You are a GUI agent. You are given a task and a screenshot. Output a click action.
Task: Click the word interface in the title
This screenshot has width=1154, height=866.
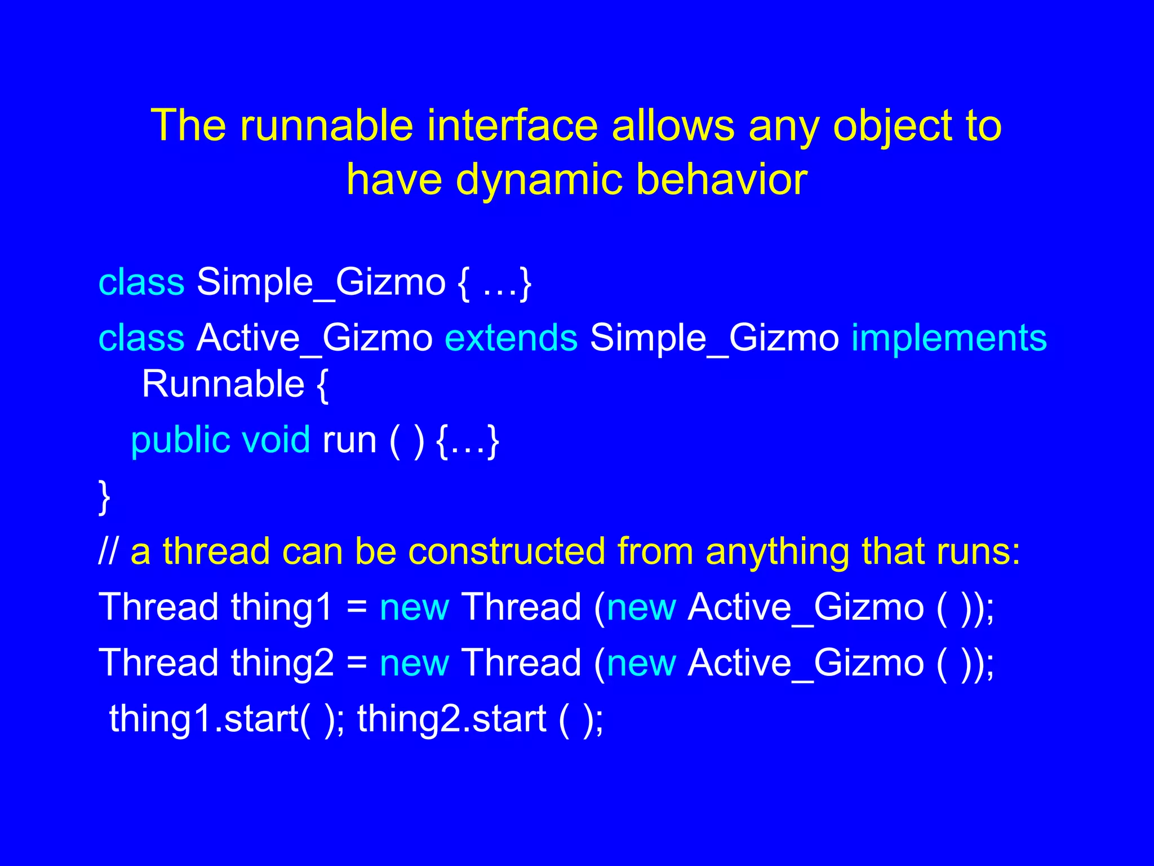click(512, 125)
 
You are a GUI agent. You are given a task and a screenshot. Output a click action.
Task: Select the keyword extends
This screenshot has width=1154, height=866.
click(511, 338)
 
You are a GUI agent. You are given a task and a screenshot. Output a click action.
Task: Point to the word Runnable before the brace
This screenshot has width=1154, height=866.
click(223, 384)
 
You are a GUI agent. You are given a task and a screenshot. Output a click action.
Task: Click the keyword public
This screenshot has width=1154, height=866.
click(180, 441)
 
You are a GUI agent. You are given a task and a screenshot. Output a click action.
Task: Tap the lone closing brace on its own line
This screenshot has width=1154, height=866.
click(104, 497)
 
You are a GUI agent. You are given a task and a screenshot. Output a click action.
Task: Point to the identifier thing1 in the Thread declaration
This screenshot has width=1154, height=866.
click(282, 608)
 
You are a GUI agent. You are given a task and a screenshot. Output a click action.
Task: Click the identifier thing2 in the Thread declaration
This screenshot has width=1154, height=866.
click(282, 664)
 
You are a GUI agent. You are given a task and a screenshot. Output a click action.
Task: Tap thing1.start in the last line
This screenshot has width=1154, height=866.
click(203, 719)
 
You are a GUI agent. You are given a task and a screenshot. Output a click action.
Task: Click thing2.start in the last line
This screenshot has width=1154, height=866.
click(451, 719)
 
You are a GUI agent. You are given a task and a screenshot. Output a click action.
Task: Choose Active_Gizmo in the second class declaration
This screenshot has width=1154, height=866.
click(314, 338)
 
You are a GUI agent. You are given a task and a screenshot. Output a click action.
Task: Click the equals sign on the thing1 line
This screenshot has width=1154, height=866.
click(357, 608)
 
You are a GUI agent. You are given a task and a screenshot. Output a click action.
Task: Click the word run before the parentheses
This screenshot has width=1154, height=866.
click(349, 440)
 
